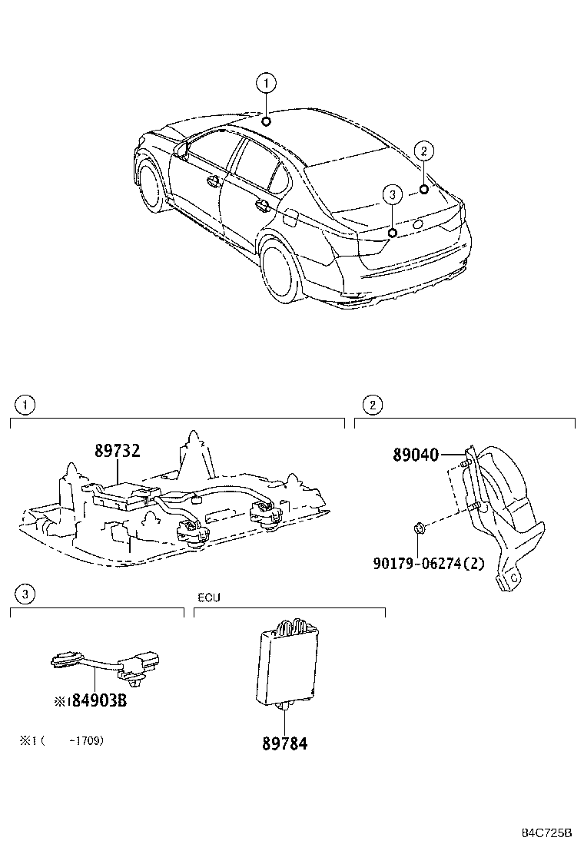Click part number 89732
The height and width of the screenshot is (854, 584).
(118, 451)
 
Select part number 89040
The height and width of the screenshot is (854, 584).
(416, 455)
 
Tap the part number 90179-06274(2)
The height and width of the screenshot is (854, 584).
(430, 563)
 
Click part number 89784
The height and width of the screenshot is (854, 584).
(284, 743)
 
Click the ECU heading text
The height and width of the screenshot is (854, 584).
(208, 597)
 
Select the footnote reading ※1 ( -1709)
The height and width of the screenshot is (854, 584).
(61, 741)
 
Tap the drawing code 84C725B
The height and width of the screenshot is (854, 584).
(547, 833)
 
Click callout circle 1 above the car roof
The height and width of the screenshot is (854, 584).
(265, 83)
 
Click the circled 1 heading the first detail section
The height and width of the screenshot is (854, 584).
(25, 405)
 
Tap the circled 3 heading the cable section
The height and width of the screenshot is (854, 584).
(25, 593)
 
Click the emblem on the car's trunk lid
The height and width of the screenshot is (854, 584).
(418, 223)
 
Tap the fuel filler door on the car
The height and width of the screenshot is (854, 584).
(292, 217)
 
